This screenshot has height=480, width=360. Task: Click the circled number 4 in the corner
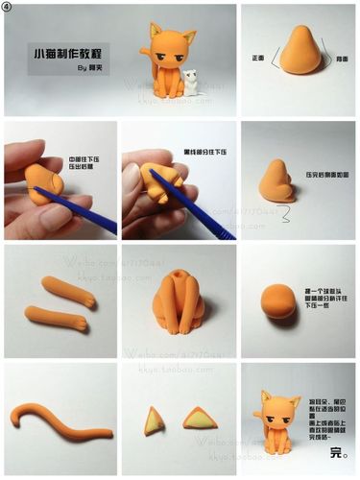9,8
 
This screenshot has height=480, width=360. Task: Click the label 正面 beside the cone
257,58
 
